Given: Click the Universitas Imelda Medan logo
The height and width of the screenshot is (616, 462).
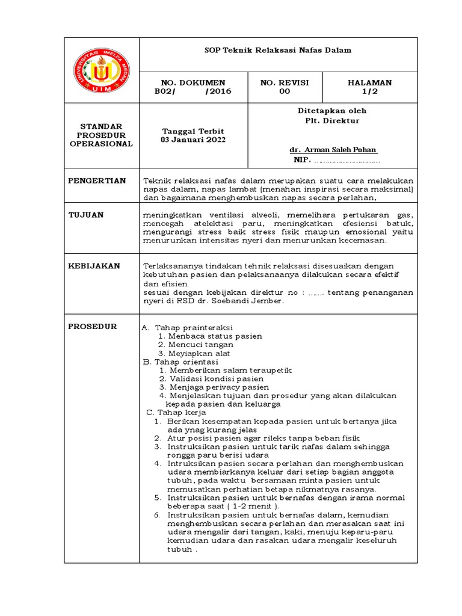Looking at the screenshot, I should tap(101, 70).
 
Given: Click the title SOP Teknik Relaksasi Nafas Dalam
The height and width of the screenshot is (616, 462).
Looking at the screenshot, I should tap(278, 51).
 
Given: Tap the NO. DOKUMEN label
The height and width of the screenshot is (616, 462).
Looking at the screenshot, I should tap(192, 82).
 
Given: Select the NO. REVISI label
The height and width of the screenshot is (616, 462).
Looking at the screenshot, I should tap(284, 82).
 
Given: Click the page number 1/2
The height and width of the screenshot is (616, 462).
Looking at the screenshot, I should tap(369, 91).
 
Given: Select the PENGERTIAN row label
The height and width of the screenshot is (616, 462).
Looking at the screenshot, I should tap(97, 180).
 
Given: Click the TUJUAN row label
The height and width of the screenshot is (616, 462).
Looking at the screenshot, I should tap(86, 215).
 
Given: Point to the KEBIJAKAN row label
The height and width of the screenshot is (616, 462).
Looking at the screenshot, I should tap(94, 266).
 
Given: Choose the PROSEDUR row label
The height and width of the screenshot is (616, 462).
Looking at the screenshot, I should tap(93, 327).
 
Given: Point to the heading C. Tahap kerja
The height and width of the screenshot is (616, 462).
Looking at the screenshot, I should tap(176, 413).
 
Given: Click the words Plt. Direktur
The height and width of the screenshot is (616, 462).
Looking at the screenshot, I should tap(332, 120).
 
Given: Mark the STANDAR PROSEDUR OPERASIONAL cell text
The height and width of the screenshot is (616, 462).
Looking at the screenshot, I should tap(101, 135).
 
